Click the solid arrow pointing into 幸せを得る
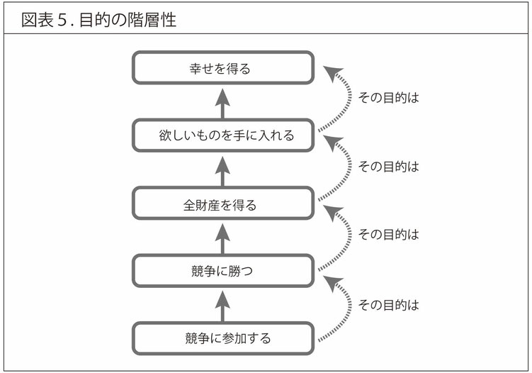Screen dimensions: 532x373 (222, 104)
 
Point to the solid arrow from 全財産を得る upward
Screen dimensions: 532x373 (222, 172)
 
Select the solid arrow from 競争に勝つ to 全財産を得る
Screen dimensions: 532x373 (222, 239)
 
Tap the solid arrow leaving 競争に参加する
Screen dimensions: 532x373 (222, 306)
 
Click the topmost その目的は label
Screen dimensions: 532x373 (388, 98)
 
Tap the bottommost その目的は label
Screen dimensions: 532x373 (388, 305)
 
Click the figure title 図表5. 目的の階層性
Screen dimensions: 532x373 (98, 20)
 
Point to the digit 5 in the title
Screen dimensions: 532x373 (62, 20)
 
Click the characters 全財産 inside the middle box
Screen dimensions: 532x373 (201, 205)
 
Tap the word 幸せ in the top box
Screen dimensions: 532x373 (201, 69)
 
